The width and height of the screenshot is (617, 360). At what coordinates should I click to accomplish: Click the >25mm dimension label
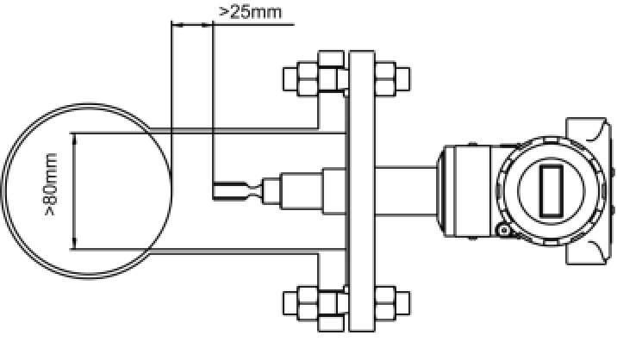pos(250,12)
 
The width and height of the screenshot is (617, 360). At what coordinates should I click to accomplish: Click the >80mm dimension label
pos(51,184)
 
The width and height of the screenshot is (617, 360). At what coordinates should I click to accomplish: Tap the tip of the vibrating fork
pos(214,191)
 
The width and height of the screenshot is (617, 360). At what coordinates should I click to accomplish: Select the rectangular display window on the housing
pos(551,191)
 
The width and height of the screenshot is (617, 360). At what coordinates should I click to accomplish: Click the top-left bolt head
pos(290,79)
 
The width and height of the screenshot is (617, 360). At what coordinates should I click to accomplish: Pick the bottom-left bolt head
pos(290,303)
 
